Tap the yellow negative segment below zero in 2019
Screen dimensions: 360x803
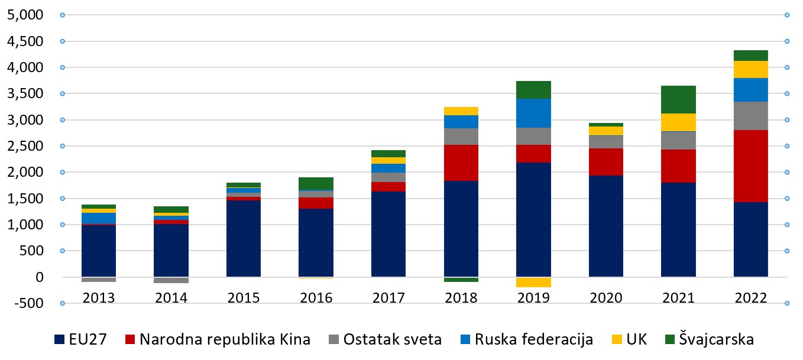coord(533,282)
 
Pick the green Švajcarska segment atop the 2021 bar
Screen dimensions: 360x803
coord(678,99)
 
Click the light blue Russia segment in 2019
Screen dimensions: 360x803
coord(533,113)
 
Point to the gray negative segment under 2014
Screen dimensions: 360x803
coord(171,280)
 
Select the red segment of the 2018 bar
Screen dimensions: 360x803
coord(461,163)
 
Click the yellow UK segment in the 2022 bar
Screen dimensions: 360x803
coord(750,69)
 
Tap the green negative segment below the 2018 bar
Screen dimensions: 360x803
coord(461,280)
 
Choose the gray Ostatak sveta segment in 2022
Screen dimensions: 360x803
coord(750,116)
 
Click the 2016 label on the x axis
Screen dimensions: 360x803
coord(316,297)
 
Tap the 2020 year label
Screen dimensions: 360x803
coord(606,297)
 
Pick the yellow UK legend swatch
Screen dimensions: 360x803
coord(616,340)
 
